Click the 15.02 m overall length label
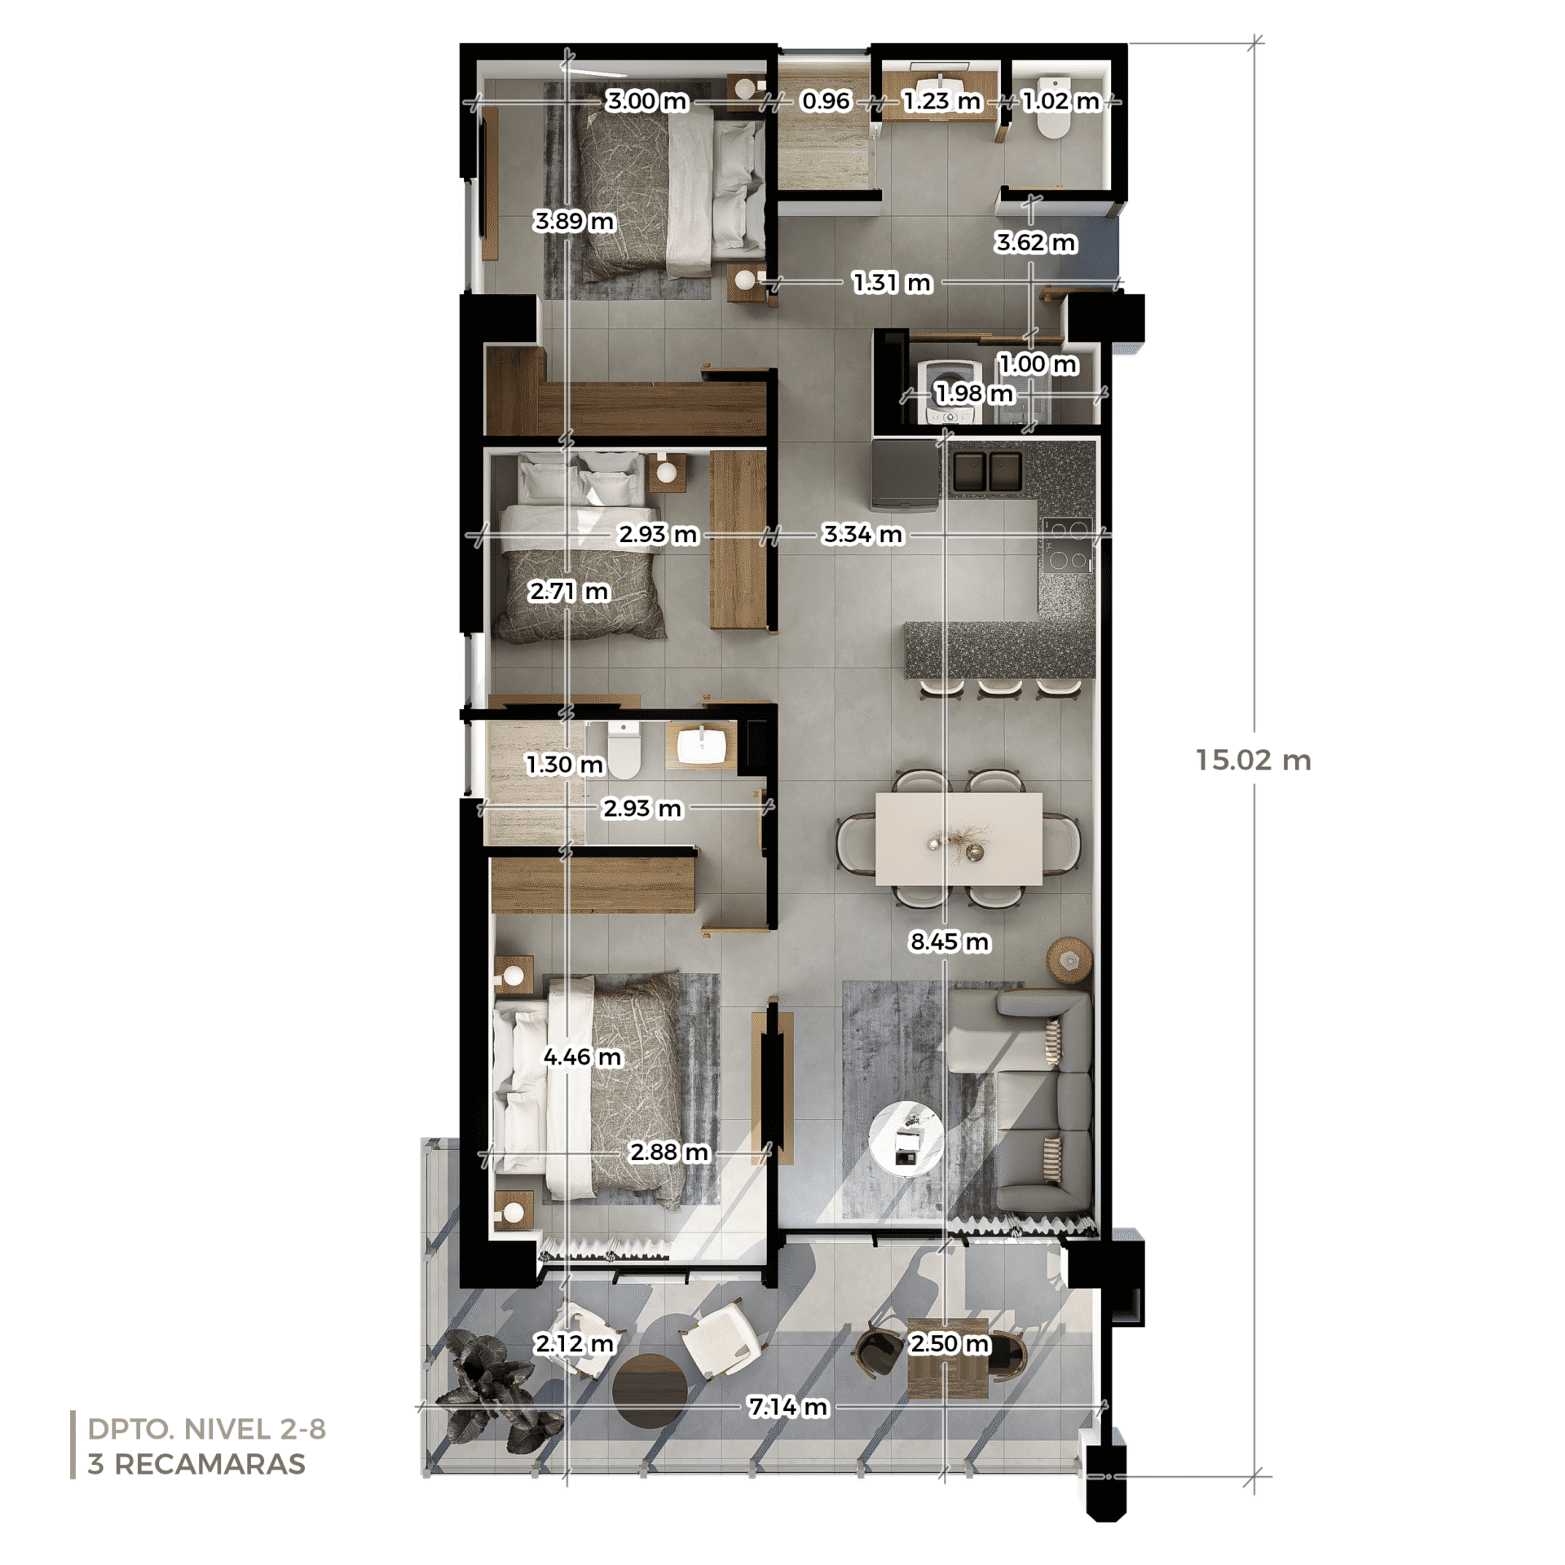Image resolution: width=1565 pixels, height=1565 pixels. [1253, 760]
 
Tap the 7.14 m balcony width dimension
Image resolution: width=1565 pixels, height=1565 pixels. [788, 1407]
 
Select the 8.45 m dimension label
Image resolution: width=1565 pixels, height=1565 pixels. [950, 941]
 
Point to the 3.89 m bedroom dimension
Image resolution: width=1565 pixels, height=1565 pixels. [574, 221]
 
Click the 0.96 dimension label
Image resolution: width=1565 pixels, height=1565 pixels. [826, 101]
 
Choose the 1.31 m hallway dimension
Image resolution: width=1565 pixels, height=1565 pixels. [893, 283]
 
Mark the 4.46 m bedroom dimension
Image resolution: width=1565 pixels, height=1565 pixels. [583, 1057]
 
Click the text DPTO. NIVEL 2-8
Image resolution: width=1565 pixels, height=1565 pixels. [207, 1429]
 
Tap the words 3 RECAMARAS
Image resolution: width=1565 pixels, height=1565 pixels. [196, 1464]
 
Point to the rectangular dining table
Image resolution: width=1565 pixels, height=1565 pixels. [959, 839]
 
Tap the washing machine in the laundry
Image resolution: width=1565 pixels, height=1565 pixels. [949, 392]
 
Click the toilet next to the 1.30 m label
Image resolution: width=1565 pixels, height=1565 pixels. [624, 750]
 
